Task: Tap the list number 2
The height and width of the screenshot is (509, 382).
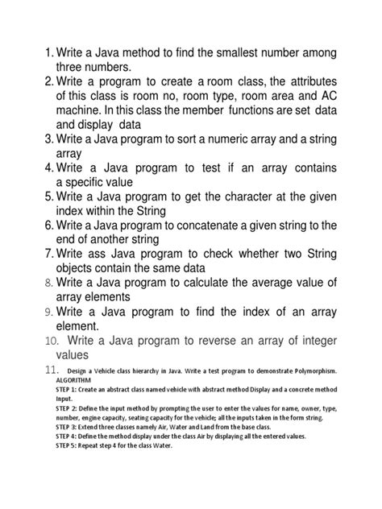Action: pyautogui.click(x=48, y=82)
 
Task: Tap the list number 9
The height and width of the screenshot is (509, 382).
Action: pyautogui.click(x=48, y=312)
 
